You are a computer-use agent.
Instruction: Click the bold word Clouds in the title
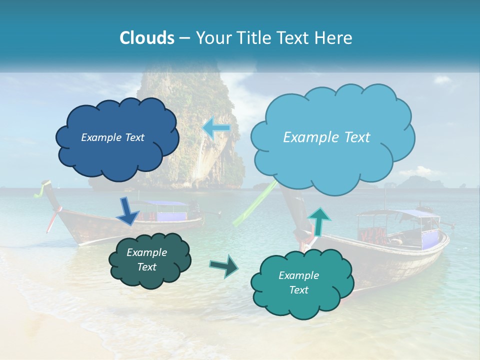click(147, 38)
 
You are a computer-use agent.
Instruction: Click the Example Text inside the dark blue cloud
click(112, 137)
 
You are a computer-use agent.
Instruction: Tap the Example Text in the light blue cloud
click(326, 137)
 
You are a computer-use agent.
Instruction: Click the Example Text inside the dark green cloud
click(146, 259)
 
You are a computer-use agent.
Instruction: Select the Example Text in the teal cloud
click(298, 282)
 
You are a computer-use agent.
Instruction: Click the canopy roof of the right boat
click(400, 214)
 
